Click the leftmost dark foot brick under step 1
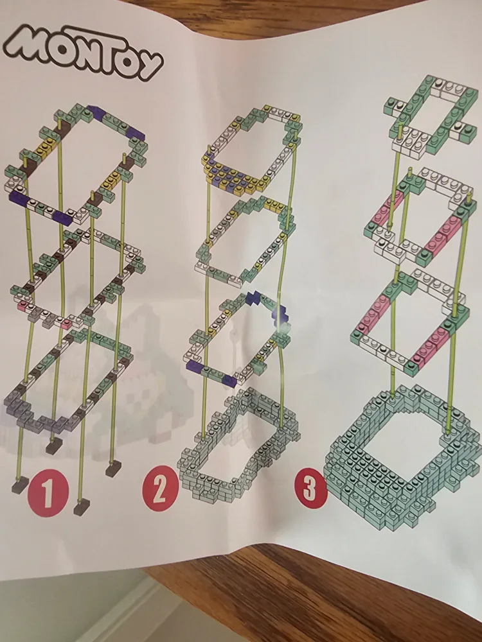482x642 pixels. [19, 485]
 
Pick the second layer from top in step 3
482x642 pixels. [418, 218]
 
